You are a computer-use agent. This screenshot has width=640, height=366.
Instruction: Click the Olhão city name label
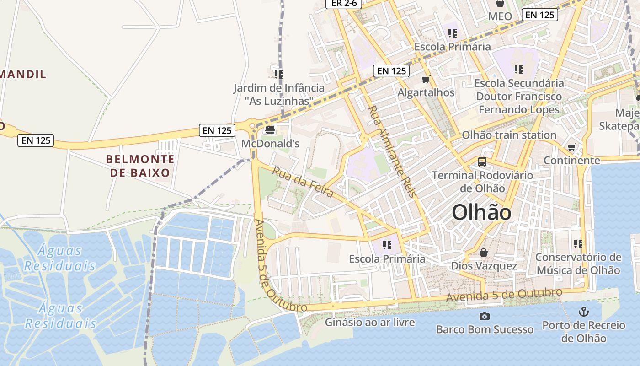(481, 213)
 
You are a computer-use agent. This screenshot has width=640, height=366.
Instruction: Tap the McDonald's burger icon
(270, 130)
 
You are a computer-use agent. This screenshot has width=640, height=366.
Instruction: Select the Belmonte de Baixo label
(140, 166)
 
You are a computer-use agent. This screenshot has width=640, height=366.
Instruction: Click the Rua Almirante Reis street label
(392, 151)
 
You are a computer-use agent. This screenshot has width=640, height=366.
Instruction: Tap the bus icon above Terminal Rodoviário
(482, 161)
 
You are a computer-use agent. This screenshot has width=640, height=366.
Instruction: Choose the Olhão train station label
(509, 135)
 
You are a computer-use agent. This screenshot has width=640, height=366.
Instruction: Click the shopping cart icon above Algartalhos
(426, 80)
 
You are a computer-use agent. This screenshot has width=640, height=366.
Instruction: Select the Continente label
(571, 160)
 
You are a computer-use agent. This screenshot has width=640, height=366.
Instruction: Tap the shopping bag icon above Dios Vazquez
(484, 253)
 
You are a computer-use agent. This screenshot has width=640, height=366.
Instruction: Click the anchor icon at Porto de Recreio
(583, 312)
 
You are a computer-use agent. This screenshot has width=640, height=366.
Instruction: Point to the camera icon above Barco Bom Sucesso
(484, 316)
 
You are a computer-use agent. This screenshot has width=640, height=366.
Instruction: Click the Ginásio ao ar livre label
(370, 322)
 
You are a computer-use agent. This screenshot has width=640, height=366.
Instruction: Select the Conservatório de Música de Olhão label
(578, 264)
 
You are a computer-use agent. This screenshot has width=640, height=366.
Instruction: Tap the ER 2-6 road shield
(344, 4)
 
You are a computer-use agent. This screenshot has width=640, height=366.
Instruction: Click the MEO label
(500, 16)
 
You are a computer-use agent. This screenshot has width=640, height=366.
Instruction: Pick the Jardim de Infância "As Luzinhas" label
(279, 94)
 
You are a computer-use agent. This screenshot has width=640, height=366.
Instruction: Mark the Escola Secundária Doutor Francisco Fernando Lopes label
(519, 97)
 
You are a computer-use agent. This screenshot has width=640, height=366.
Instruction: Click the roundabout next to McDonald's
(252, 125)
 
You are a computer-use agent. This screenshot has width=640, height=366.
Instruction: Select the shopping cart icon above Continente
(571, 147)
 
